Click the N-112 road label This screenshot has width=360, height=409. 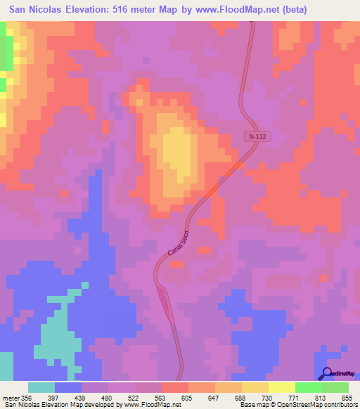tap(257, 136)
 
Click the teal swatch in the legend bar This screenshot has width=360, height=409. tap(41, 387)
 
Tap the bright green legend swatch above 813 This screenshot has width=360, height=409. tap(309, 387)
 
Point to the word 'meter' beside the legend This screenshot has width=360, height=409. tap(10, 398)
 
